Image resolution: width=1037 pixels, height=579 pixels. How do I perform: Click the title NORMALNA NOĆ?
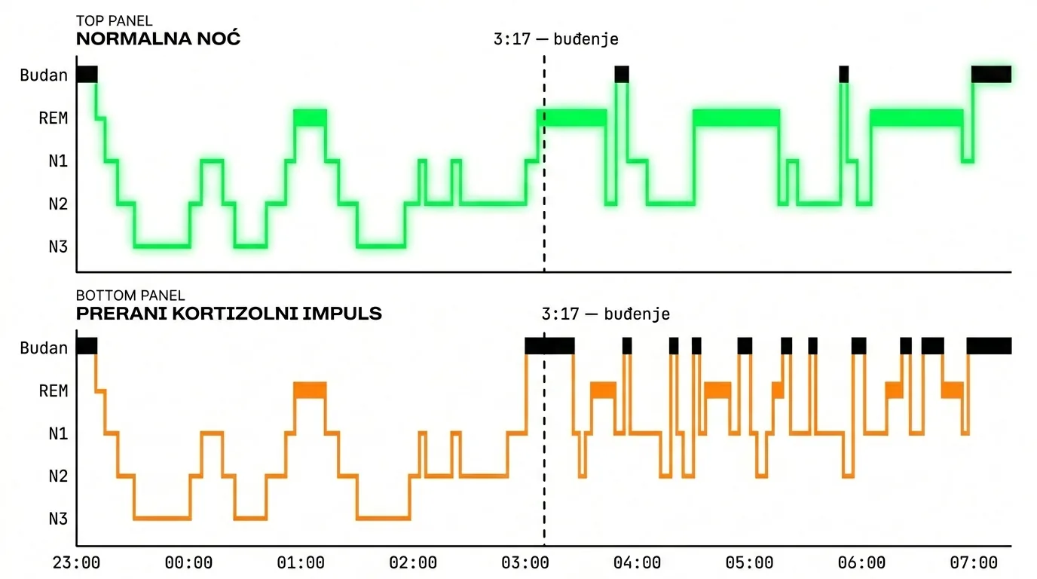(158, 39)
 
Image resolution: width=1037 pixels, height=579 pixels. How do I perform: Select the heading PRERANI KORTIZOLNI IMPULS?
(229, 314)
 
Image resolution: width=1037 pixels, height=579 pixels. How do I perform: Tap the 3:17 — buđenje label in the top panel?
(555, 39)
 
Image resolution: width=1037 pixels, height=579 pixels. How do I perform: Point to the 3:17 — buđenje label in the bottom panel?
(605, 314)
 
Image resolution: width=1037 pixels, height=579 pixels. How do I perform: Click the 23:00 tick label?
(77, 562)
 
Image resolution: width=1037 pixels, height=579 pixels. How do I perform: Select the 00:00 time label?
(189, 562)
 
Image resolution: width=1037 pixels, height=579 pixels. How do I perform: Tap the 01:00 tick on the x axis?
(301, 562)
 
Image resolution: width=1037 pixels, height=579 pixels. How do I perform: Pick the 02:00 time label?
(414, 562)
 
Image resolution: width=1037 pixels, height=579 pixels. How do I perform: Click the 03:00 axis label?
(525, 562)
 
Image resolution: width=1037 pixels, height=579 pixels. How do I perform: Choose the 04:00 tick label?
(638, 562)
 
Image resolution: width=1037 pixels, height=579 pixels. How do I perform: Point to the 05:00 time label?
(750, 562)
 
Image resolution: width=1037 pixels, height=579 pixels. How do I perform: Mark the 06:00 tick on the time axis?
(862, 562)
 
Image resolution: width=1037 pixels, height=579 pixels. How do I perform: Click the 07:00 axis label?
(974, 562)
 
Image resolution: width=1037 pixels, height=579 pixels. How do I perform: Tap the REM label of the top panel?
(54, 118)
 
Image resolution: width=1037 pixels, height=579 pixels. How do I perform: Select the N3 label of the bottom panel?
(58, 519)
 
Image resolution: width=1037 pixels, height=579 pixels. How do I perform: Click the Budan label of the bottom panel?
(44, 348)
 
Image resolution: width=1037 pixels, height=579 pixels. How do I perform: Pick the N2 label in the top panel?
(58, 204)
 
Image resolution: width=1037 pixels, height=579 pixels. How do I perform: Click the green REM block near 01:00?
(310, 118)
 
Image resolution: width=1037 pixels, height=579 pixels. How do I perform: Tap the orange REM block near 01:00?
(310, 390)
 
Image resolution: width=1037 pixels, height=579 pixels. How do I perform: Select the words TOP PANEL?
(114, 21)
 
